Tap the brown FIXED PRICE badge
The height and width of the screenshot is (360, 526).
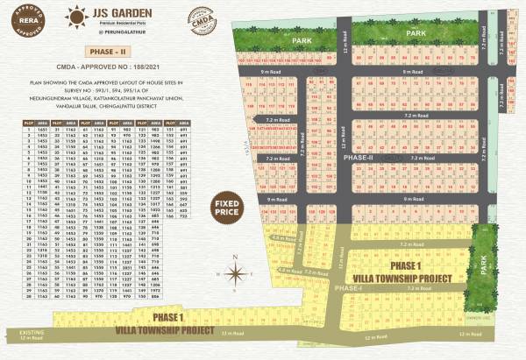(x=228, y=209)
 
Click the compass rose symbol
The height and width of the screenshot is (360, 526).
(x=235, y=272)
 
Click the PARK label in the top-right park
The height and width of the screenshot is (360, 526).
(x=416, y=32)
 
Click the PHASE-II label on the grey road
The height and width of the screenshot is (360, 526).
(x=359, y=158)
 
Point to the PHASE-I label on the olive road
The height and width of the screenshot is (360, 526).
(x=347, y=287)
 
